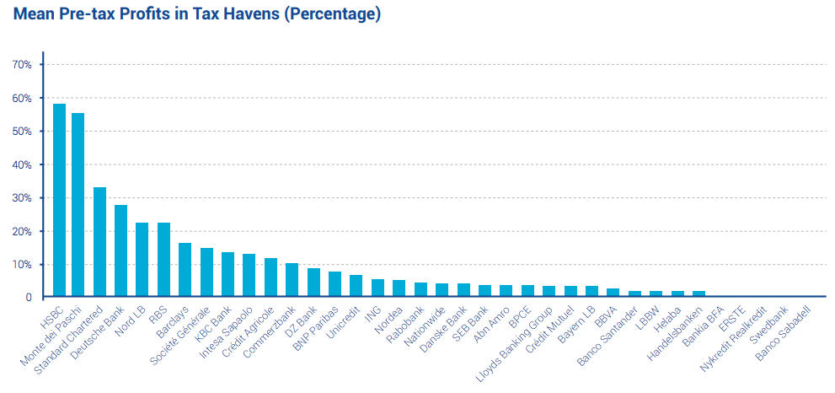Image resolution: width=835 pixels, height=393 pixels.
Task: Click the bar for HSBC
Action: tap(59, 200)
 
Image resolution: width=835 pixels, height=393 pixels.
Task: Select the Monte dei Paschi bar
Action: tap(78, 205)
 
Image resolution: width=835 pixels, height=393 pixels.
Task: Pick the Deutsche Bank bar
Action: tap(120, 250)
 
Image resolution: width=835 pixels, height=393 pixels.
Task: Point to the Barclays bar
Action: tap(185, 270)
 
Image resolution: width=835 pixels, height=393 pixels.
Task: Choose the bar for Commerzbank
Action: tap(292, 280)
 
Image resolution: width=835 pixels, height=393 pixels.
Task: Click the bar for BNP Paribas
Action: tap(335, 284)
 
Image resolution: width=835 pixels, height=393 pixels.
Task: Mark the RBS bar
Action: tap(163, 260)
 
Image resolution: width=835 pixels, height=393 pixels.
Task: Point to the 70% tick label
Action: tap(22, 65)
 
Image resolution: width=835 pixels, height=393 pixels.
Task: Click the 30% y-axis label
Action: tap(22, 198)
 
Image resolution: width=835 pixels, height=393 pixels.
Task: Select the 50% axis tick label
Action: tap(22, 132)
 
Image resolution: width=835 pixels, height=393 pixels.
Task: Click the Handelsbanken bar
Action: tap(699, 293)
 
